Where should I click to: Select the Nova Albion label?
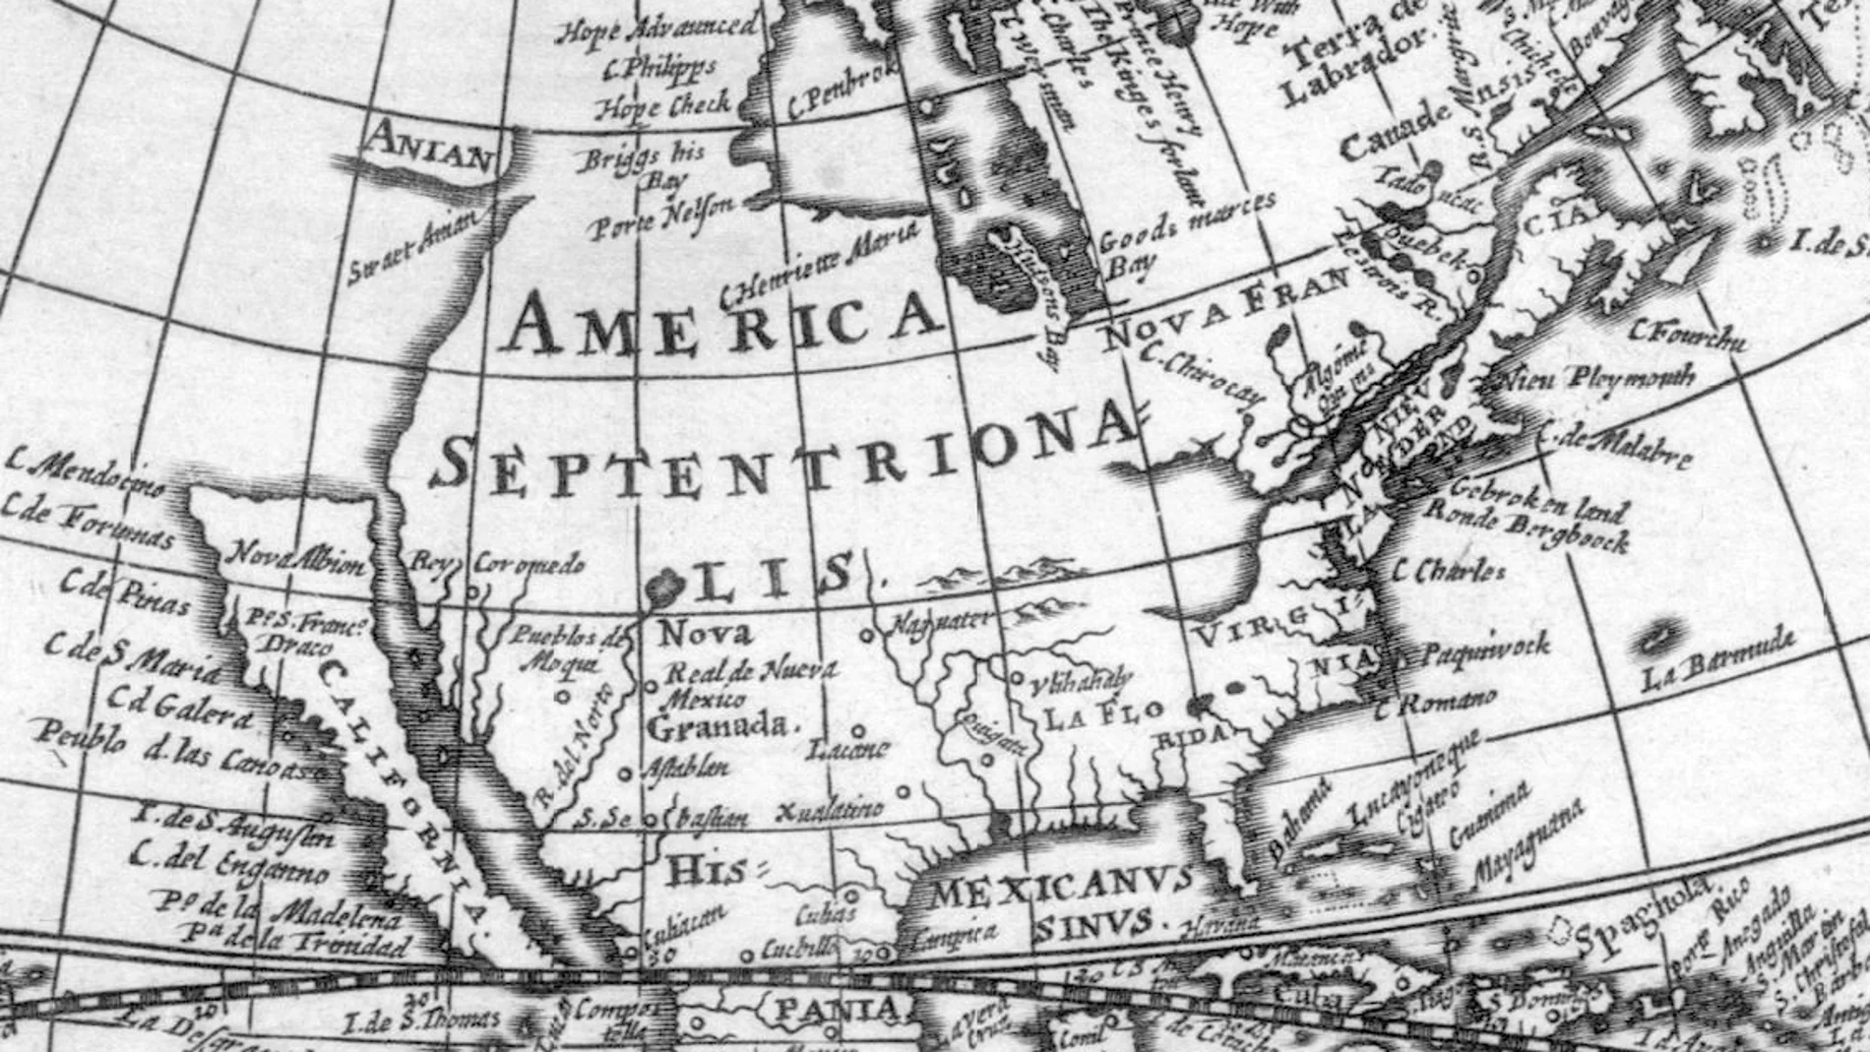click(297, 558)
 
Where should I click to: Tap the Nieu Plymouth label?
click(1594, 377)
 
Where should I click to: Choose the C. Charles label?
click(1449, 570)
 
